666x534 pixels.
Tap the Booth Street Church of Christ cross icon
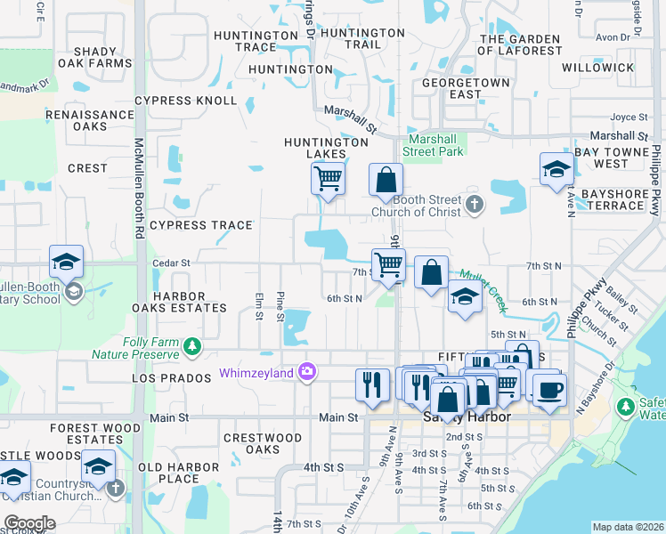point(475,205)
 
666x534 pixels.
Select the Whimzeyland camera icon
point(307,371)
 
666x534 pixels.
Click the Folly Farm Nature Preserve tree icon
point(191,345)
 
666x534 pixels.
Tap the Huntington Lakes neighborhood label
point(326,148)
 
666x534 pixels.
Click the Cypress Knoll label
point(185,101)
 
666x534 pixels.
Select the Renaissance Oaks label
point(89,120)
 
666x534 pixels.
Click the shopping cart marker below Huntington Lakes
point(328,179)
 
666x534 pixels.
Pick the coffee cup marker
point(549,389)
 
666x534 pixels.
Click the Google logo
point(29,522)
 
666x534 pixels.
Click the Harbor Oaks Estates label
point(190,302)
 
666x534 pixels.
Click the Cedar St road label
point(172,263)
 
